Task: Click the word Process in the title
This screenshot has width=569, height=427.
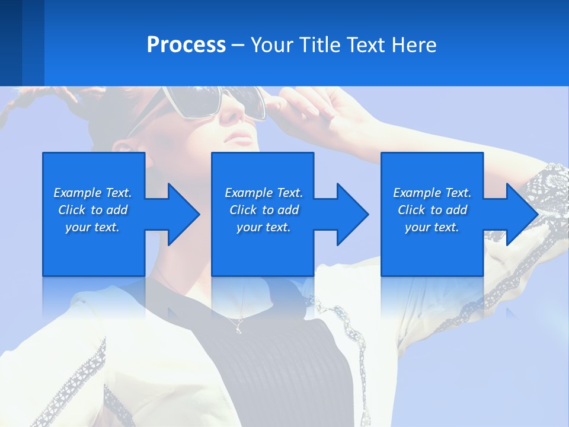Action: coord(186,45)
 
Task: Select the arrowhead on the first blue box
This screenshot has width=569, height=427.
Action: coord(181,214)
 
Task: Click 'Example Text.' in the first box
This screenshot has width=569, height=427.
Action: coord(92,193)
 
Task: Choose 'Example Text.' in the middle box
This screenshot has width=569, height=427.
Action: coord(264,193)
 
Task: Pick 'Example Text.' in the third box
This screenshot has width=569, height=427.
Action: coord(432,193)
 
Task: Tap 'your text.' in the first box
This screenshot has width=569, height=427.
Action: coord(92,227)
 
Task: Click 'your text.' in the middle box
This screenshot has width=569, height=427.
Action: coord(264,227)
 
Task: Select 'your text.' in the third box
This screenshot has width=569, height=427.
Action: coord(432,227)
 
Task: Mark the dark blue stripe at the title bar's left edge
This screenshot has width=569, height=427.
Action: coord(11,43)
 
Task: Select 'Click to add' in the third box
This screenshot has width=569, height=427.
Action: coord(432,210)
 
